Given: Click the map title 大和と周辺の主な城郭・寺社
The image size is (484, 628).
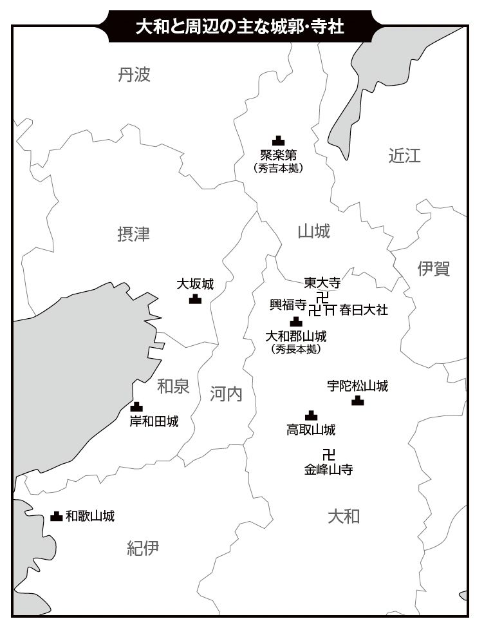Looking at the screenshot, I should point(239,26).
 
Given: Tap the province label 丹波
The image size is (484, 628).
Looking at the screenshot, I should point(134,75).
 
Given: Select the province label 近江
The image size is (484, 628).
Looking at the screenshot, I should point(404,155).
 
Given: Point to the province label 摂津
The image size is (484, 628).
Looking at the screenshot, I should point(134,234).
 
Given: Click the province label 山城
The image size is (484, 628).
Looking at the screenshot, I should point(314,231).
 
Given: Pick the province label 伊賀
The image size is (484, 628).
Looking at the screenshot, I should point(434,268).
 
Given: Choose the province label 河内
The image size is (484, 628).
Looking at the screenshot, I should point(226,394).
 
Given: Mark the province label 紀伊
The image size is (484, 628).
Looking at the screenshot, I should point(143,548).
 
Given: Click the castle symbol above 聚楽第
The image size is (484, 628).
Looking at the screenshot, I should point(278,140).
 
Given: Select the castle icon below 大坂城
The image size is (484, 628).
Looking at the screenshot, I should point(195,298).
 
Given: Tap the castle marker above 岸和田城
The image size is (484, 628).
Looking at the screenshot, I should point(136,406).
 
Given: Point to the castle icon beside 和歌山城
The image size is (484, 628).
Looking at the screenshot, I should point(57,516).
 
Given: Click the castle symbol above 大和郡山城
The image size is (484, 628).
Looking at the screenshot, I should point(295,321).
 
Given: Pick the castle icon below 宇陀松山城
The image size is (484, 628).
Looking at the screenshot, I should point(358,401).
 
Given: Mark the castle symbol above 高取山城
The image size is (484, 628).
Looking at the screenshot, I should point(311,415).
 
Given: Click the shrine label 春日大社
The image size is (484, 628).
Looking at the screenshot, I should point(364,310).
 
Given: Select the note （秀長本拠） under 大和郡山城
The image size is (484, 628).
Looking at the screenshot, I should point(296,349).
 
